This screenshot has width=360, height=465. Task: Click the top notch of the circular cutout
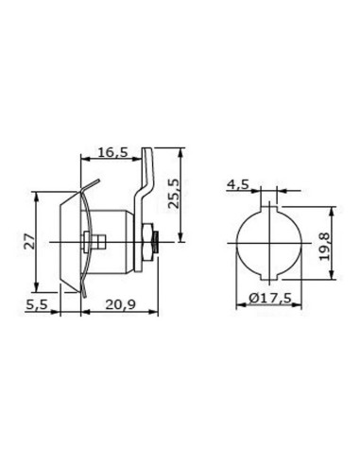coord(269,194)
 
